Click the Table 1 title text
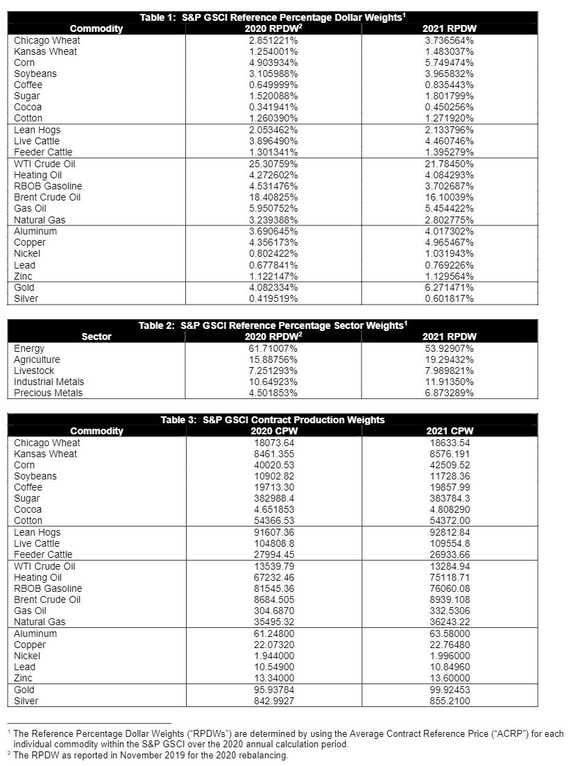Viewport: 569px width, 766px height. tap(273, 17)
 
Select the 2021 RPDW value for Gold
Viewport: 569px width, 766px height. tap(449, 287)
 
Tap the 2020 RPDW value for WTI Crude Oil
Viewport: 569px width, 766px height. tap(273, 164)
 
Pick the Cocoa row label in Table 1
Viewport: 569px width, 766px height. tap(28, 107)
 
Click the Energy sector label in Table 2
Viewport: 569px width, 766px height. tap(29, 348)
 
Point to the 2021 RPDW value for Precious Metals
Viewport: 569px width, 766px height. tap(449, 393)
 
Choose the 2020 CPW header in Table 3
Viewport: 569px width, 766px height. tap(273, 431)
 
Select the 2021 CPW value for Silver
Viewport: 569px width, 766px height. tap(449, 701)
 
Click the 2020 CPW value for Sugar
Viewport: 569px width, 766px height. tap(273, 498)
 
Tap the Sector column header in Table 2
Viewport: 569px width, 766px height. tap(96, 337)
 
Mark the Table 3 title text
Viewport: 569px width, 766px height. tap(273, 420)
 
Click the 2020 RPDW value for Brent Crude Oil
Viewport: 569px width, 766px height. tap(273, 197)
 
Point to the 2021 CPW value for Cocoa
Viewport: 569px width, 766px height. tap(449, 509)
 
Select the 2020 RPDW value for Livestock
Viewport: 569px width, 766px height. tap(273, 371)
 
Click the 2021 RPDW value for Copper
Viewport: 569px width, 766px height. tap(449, 242)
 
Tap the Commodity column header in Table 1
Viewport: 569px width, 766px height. tap(96, 28)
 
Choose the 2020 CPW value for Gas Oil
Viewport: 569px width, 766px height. tap(273, 611)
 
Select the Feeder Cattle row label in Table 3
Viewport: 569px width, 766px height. tap(43, 554)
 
